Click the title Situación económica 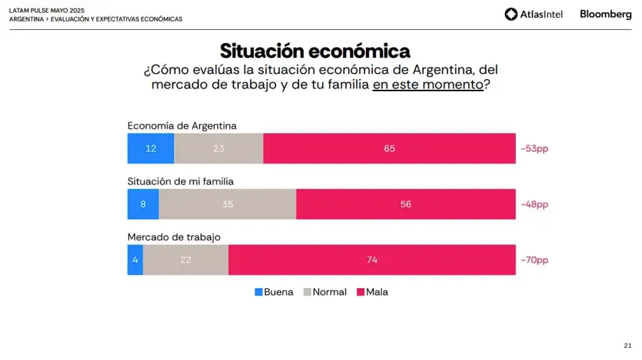(x=315, y=51)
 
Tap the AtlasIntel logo (x=534, y=14)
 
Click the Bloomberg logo (x=606, y=14)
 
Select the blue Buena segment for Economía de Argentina (x=151, y=148)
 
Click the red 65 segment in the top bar (x=389, y=148)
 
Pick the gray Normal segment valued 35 (x=227, y=204)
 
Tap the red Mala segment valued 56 (x=405, y=204)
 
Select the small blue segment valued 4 (x=135, y=260)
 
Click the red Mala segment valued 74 (x=372, y=260)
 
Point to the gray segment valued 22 (x=185, y=260)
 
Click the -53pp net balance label (x=534, y=148)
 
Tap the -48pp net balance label (x=534, y=205)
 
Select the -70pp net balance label (x=534, y=260)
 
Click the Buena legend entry (x=274, y=292)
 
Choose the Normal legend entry (x=325, y=292)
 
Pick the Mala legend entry (x=372, y=292)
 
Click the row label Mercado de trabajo (x=174, y=237)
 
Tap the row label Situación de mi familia (x=180, y=181)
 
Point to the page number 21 (x=627, y=346)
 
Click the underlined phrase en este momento (x=428, y=84)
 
